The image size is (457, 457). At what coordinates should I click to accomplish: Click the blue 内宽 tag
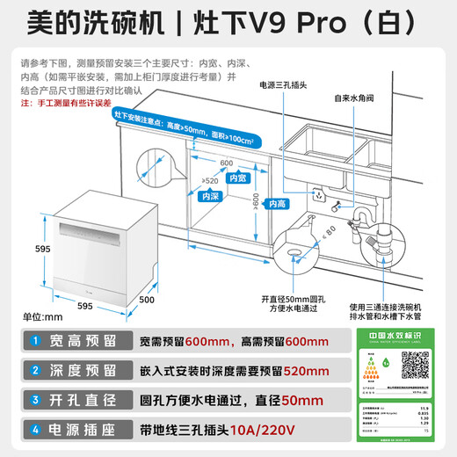tap(237, 178)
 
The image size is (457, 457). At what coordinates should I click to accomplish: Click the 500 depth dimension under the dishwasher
tap(147, 301)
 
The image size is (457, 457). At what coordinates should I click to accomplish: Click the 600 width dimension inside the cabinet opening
tap(227, 163)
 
